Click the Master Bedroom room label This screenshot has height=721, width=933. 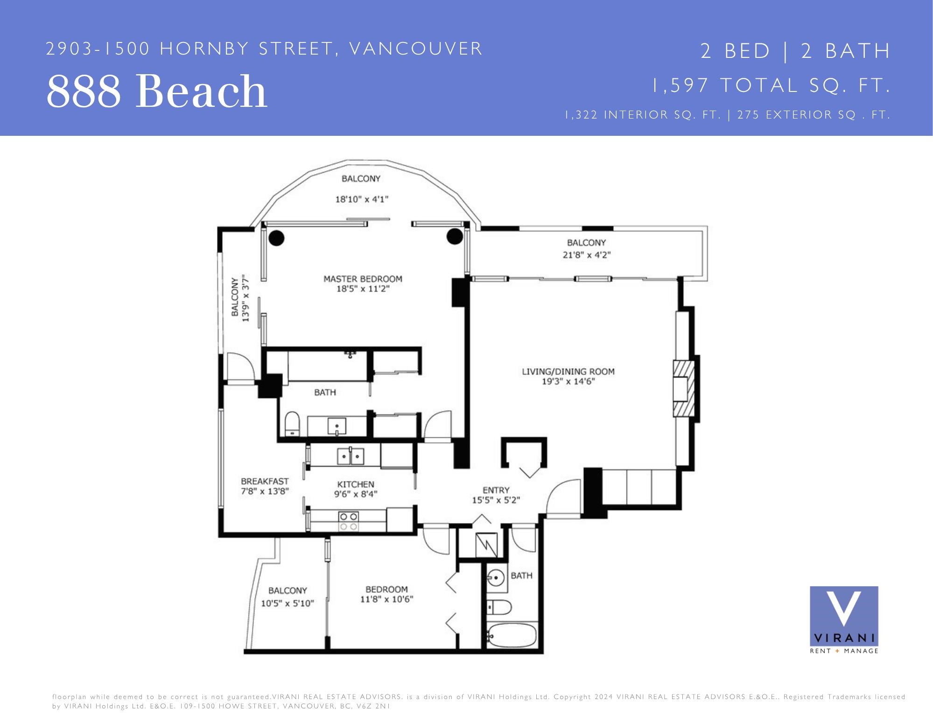point(363,279)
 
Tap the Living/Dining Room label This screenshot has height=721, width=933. point(568,371)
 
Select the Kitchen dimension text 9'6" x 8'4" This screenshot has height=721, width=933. point(356,494)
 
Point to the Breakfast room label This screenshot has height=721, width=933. point(265,481)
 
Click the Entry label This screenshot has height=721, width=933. point(496,490)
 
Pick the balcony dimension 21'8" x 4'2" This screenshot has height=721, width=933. point(587,255)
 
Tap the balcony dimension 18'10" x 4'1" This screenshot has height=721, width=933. point(362,199)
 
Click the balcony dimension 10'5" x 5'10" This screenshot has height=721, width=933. point(288,603)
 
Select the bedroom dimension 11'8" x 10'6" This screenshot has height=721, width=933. point(386,599)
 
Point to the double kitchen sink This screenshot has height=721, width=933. point(351,456)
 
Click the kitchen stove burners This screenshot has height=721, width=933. point(348,521)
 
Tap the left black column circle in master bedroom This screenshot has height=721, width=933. point(276,238)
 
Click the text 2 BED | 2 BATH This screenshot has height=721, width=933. point(795,51)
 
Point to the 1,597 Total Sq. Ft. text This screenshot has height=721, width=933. point(771,85)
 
